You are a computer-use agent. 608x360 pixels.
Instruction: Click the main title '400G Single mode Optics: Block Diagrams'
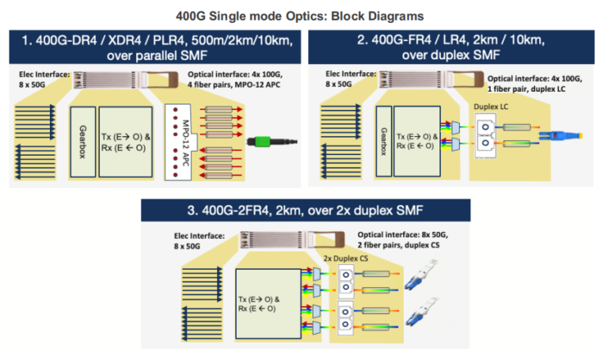click(304, 15)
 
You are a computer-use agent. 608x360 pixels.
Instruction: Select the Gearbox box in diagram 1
click(82, 141)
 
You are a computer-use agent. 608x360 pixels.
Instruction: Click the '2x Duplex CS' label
click(346, 258)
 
